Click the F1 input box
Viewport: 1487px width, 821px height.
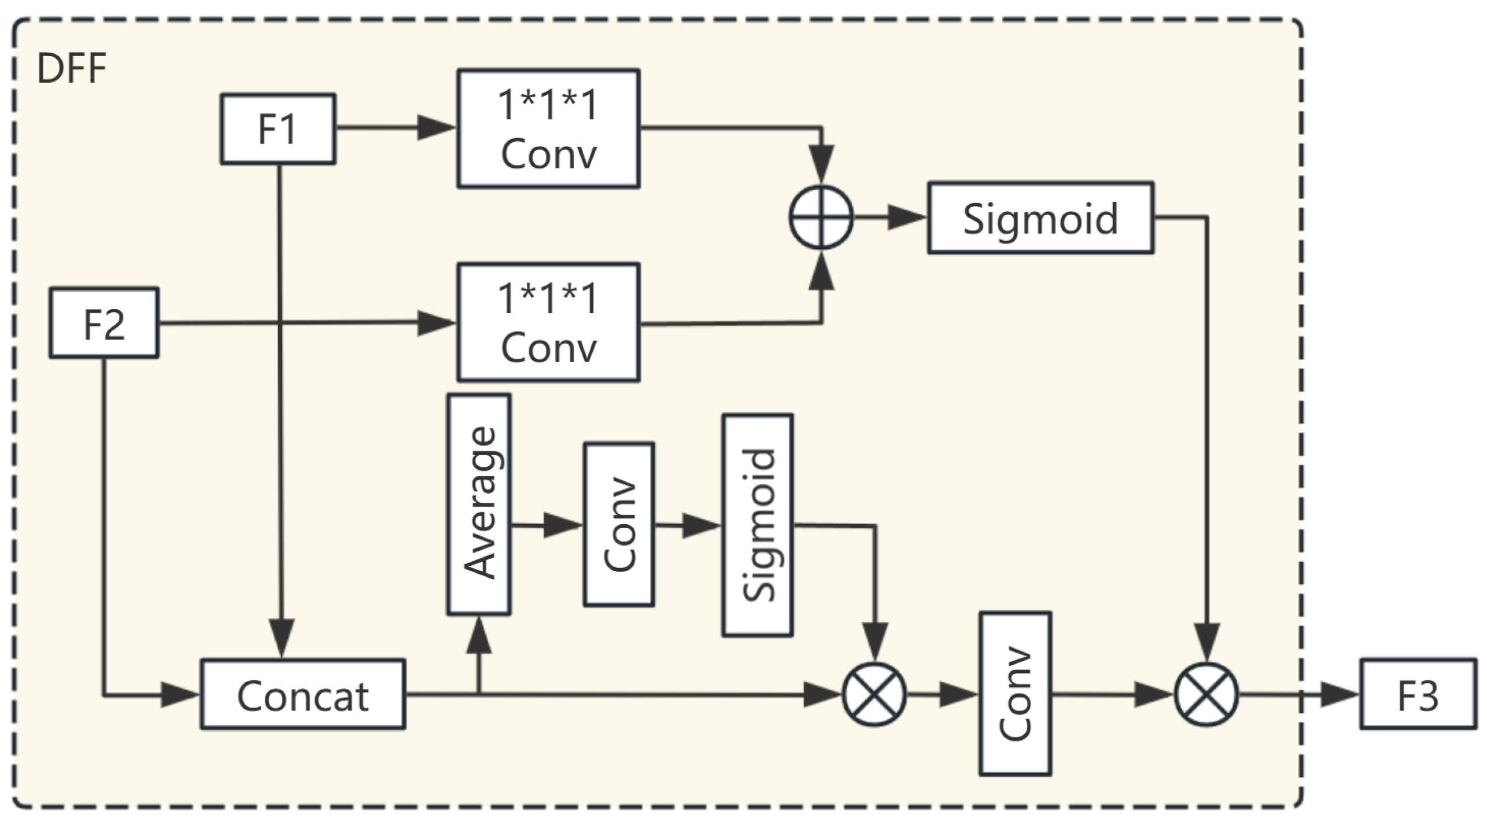(x=278, y=128)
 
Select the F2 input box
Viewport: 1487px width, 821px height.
(x=104, y=323)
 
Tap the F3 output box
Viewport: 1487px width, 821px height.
(x=1417, y=694)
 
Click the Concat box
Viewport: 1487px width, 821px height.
(x=302, y=694)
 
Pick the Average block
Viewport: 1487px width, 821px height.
(x=479, y=504)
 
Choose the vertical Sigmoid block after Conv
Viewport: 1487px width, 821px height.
(x=757, y=525)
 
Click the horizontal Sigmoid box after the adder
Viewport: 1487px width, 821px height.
(x=1040, y=218)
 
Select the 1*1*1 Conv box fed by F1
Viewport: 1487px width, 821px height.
(x=548, y=128)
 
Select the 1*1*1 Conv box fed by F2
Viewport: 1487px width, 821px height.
(x=548, y=322)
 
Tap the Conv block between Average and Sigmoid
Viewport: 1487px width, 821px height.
(x=619, y=525)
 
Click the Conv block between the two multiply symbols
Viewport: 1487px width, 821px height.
(x=1015, y=694)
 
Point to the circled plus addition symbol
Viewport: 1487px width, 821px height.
(x=821, y=218)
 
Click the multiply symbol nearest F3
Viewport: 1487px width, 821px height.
(x=1206, y=694)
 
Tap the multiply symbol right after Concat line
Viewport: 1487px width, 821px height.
(x=874, y=694)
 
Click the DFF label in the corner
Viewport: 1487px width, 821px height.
(x=71, y=69)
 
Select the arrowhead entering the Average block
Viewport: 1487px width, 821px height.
(x=479, y=635)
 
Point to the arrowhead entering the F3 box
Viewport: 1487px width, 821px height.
(x=1339, y=694)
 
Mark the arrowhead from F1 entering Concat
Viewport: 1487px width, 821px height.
(x=282, y=638)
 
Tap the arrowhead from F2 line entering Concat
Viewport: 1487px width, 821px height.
(x=179, y=694)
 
